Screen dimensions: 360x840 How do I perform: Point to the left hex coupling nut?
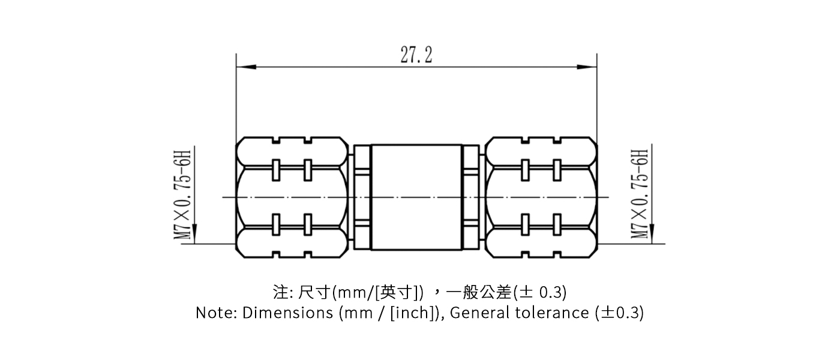coord(293,197)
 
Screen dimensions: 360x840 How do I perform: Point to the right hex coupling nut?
coord(541,197)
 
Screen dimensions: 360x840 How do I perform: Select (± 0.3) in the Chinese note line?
coord(541,292)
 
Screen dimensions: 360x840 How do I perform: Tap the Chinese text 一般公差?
coord(481,292)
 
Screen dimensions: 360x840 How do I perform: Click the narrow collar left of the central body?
coord(362,197)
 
